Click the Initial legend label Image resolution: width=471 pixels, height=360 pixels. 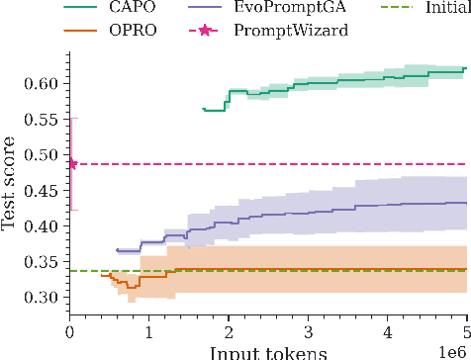click(x=446, y=11)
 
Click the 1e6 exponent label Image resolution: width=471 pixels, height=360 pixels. click(x=456, y=347)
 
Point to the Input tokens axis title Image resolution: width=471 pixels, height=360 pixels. click(x=268, y=352)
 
